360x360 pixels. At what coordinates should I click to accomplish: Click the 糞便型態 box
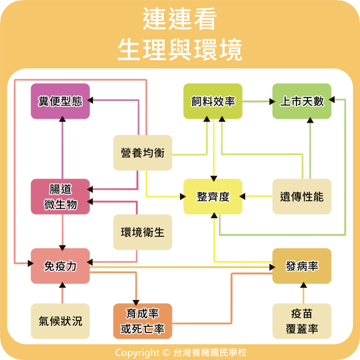pos(60,101)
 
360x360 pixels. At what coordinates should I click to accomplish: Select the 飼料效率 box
pos(213,101)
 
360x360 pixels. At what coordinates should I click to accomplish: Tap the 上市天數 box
pos(302,101)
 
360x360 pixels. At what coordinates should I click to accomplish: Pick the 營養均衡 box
pos(143,153)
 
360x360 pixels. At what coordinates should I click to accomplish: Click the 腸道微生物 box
pos(60,197)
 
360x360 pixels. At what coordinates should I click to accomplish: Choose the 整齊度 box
pos(213,197)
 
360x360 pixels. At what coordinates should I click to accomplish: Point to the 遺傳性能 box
pos(302,197)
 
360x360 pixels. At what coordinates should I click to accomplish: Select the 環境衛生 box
pos(143,232)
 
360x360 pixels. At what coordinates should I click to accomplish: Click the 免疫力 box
pos(60,266)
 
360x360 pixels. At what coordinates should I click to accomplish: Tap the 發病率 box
pos(302,266)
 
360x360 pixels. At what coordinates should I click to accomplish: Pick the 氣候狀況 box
pos(60,321)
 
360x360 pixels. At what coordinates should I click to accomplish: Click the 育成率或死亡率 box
pos(143,321)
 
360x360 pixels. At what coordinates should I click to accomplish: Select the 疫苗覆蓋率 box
pos(302,321)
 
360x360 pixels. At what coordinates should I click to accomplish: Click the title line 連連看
pos(180,20)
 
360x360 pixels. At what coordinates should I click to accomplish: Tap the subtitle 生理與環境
pos(180,49)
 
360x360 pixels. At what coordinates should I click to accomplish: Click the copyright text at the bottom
pos(180,352)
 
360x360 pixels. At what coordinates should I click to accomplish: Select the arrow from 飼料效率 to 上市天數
pos(257,101)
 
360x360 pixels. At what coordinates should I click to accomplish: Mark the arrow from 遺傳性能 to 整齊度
pos(257,196)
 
